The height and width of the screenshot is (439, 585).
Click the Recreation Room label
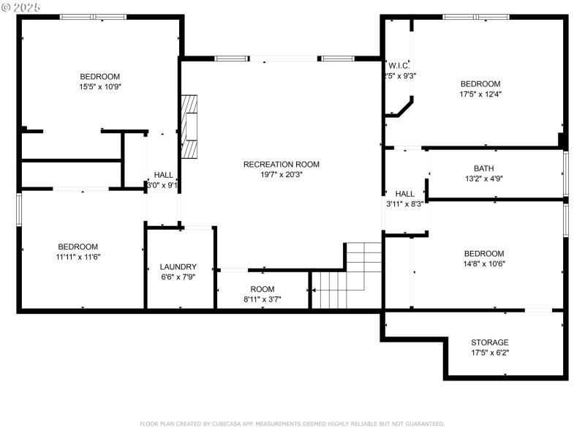coord(281,165)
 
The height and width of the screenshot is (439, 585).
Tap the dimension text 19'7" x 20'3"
coord(281,175)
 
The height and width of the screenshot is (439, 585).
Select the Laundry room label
coord(178,267)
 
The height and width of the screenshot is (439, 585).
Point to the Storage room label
coord(490,342)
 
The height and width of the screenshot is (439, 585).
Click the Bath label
coord(483,168)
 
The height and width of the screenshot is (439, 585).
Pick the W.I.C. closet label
coord(399,65)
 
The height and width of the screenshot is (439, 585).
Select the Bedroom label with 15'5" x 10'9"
coord(100,76)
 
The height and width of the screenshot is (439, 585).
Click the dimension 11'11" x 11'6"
coord(78,257)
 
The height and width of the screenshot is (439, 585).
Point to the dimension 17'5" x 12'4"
coord(480,94)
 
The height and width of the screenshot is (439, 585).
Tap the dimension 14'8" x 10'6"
coord(483,264)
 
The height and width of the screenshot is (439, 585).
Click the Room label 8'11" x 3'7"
coord(263,290)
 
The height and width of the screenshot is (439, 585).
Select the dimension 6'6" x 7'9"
coord(178,277)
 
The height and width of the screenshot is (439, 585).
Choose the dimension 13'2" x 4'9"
coord(483,179)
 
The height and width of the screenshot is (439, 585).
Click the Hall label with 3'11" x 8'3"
coord(405,194)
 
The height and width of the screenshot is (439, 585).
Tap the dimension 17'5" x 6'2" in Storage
coord(490,353)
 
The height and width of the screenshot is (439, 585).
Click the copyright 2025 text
coord(21,7)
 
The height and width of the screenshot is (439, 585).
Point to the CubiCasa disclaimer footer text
coord(292,424)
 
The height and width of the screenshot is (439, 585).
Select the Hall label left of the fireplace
coord(164,175)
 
